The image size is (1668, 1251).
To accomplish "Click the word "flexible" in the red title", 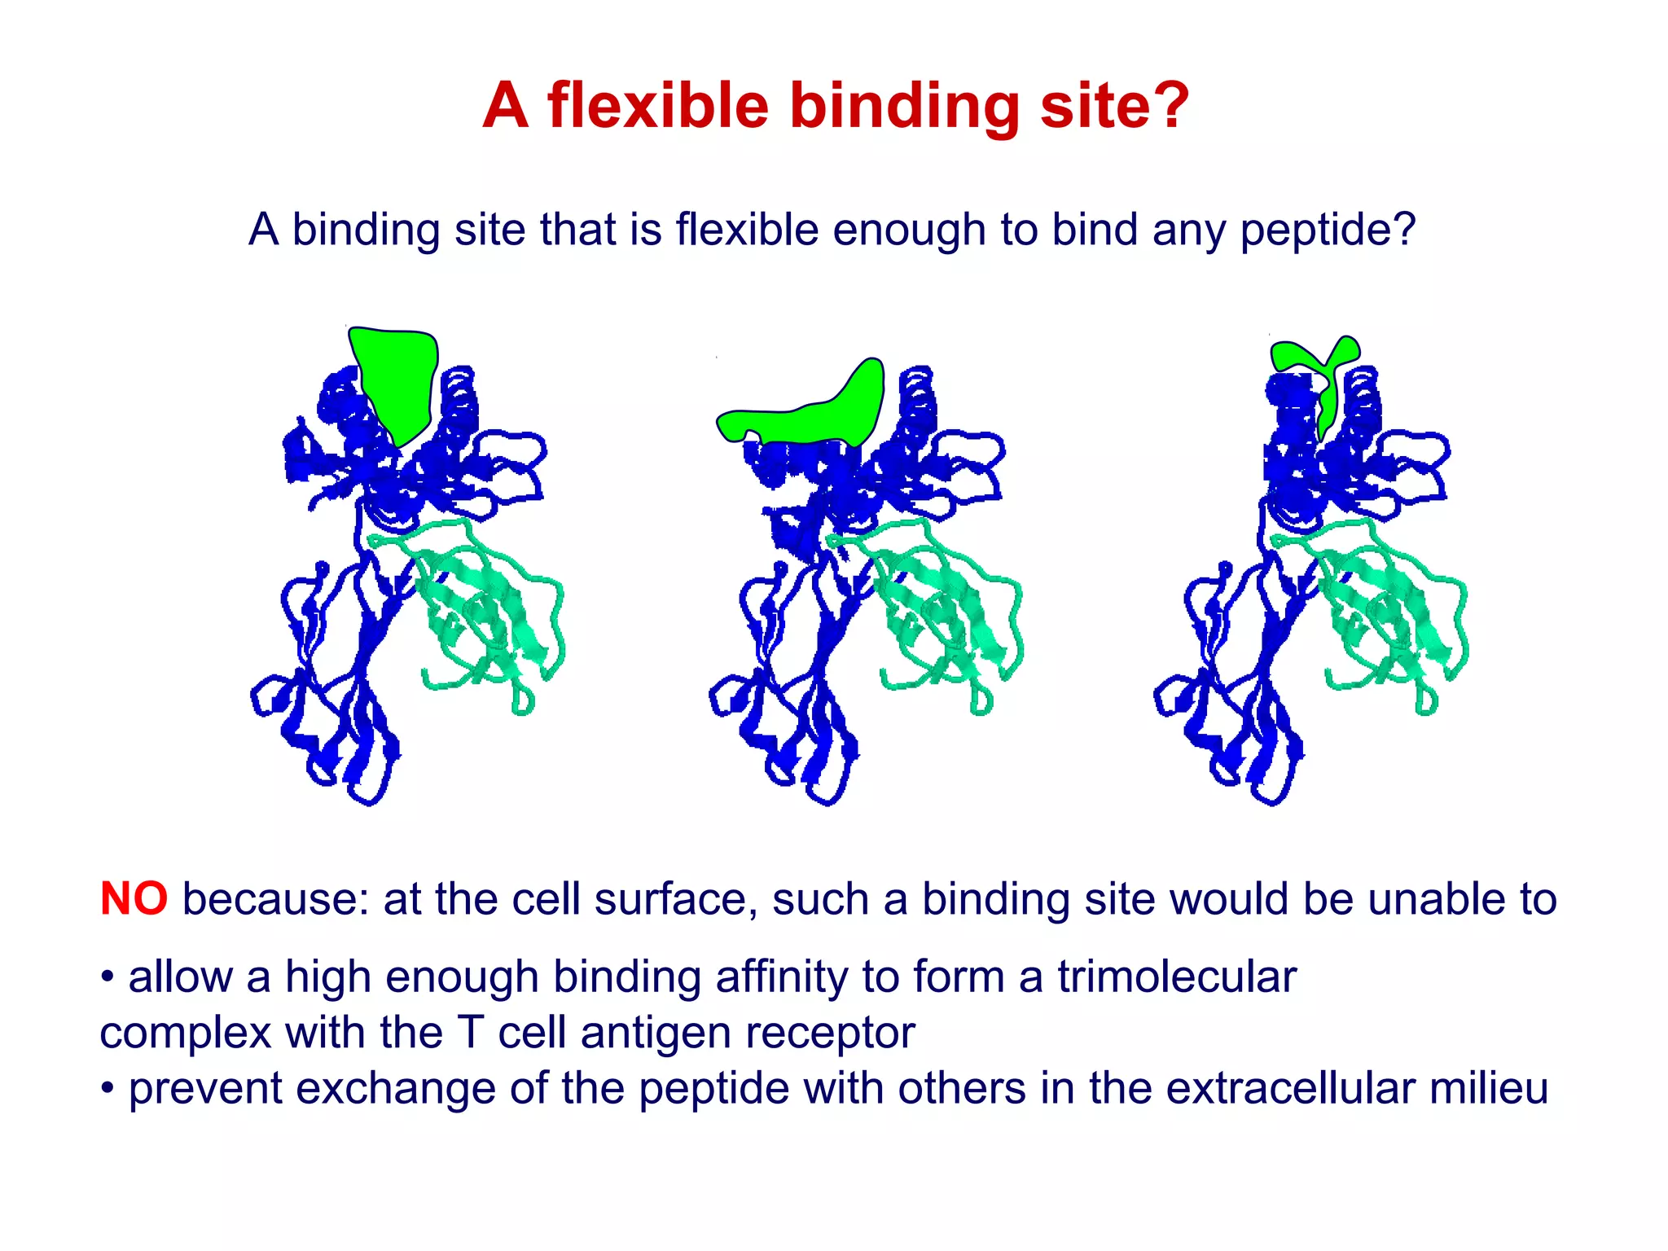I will (658, 106).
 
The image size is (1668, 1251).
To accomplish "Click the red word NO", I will (134, 899).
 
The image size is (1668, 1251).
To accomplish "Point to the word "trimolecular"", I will (1176, 977).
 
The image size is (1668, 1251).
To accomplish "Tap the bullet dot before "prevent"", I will (107, 1088).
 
